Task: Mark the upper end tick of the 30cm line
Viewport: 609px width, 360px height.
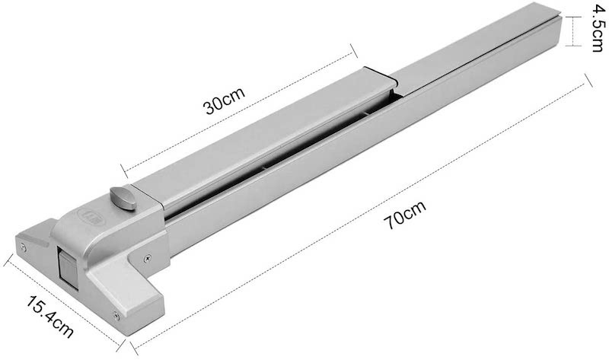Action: (x=355, y=49)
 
